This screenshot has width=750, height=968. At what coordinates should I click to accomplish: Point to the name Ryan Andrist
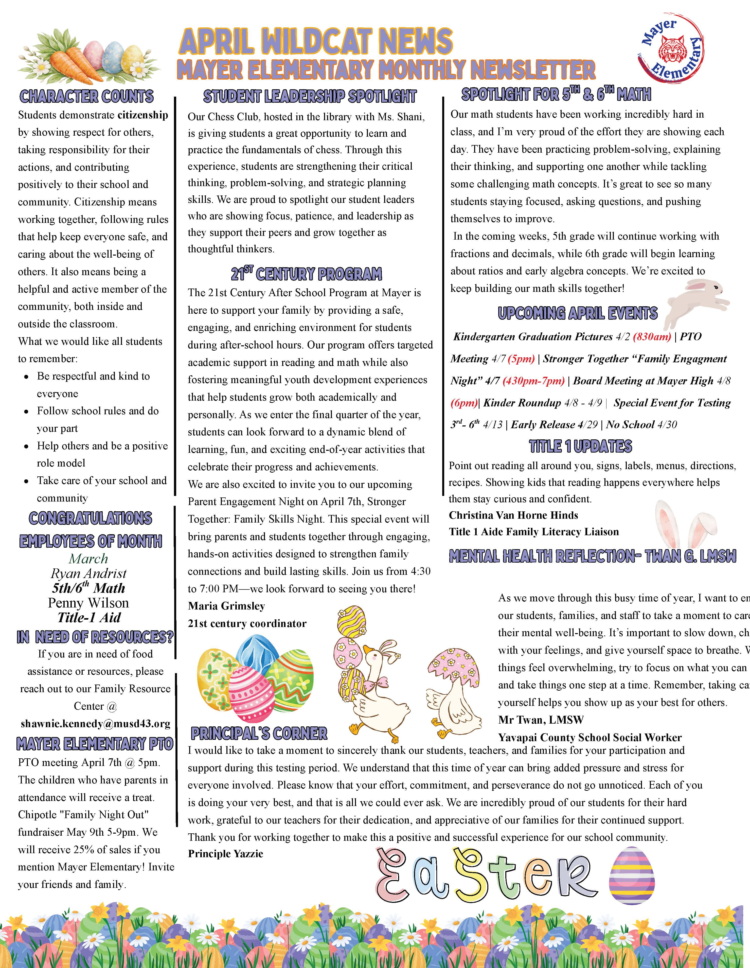point(89,573)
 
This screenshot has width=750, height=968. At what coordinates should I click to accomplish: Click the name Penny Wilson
point(89,603)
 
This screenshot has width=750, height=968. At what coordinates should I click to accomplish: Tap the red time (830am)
point(652,337)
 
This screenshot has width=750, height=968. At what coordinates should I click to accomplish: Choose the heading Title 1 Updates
point(581,446)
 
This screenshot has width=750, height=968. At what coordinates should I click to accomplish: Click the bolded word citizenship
point(143,115)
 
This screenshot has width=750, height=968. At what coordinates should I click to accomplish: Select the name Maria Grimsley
point(226,606)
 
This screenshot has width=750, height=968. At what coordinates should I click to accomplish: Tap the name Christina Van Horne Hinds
point(513,515)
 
